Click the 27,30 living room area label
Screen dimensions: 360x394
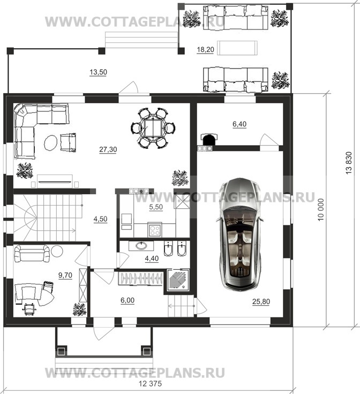coord(108,149)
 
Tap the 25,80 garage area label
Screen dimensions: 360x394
coord(261,301)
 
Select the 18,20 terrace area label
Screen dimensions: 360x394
coord(205,49)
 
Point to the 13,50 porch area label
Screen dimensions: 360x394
coord(98,72)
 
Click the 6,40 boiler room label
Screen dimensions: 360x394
coord(239,124)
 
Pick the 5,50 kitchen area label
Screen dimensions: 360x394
coord(156,207)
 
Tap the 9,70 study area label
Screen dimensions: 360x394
coord(65,275)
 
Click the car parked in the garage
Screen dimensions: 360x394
coord(240,234)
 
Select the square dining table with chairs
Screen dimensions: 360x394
coord(153,128)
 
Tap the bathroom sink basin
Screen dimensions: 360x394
coord(141,246)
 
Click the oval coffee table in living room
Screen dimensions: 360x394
coord(51,143)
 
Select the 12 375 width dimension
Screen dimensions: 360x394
coord(151,384)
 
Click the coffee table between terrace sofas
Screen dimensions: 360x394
coord(237,48)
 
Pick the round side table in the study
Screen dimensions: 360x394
coord(57,251)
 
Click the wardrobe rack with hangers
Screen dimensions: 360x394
coord(141,279)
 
